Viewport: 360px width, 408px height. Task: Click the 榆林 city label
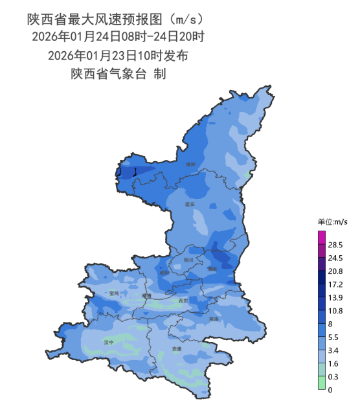coord(190,164)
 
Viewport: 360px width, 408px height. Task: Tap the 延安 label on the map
coord(190,204)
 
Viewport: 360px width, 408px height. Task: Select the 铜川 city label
coord(189,259)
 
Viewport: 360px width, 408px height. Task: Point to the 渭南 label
coord(212,268)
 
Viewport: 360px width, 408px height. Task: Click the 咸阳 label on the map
coord(164,273)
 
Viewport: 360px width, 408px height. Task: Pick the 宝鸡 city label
coord(114,293)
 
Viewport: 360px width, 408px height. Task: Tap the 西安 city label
coord(183,300)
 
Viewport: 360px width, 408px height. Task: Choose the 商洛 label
coord(214,319)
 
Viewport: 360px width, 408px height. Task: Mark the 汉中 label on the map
coord(109,341)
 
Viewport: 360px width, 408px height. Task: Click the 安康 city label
coord(177,349)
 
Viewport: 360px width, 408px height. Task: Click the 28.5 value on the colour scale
coord(335,245)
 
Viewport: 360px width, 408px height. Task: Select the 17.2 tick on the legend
coord(335,284)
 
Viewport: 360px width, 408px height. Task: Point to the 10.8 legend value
coord(335,311)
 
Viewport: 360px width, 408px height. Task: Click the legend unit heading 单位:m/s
coord(332,221)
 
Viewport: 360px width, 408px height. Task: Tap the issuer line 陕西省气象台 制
coord(118,74)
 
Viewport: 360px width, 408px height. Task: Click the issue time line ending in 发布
coord(118,55)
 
